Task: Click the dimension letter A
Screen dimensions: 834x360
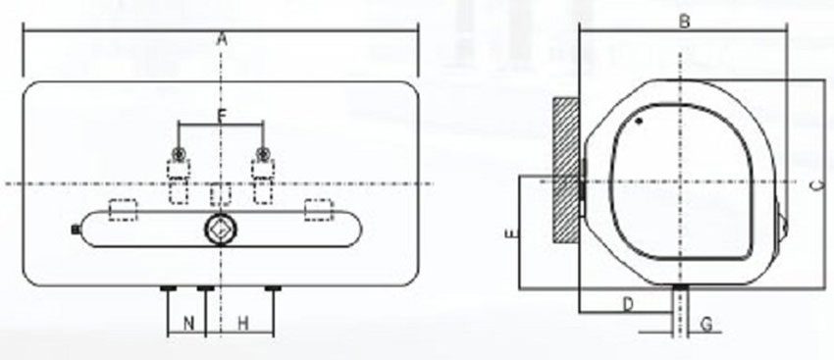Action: coord(223,39)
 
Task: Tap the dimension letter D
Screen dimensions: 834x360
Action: coord(629,304)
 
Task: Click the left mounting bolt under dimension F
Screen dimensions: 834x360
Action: coord(179,153)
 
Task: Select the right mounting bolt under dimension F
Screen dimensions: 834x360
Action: coord(263,153)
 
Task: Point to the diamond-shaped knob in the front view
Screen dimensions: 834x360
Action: coord(221,230)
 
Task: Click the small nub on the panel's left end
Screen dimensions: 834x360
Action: coord(77,230)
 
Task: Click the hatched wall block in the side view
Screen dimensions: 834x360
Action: coord(566,172)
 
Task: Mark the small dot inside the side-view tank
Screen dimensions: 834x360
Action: coord(639,123)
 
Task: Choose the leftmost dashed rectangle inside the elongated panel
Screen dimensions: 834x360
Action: coord(123,208)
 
